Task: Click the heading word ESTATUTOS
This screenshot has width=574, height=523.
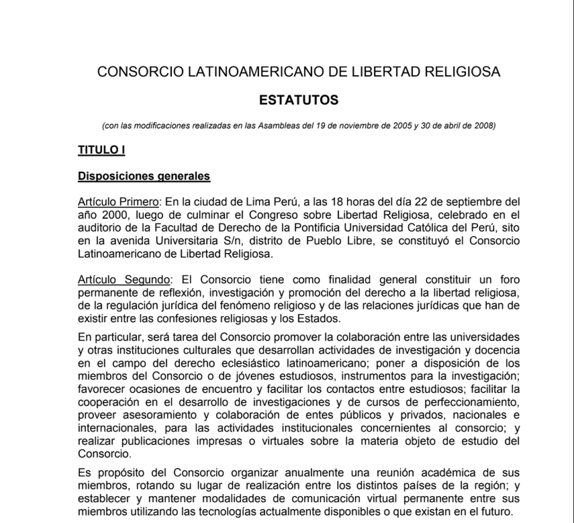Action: tap(299, 101)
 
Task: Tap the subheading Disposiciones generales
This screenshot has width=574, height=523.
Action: tap(144, 177)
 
